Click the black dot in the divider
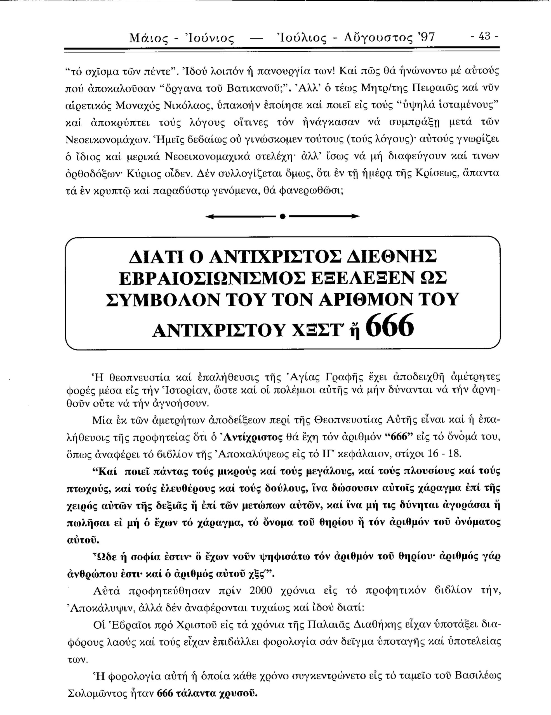click(x=282, y=216)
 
